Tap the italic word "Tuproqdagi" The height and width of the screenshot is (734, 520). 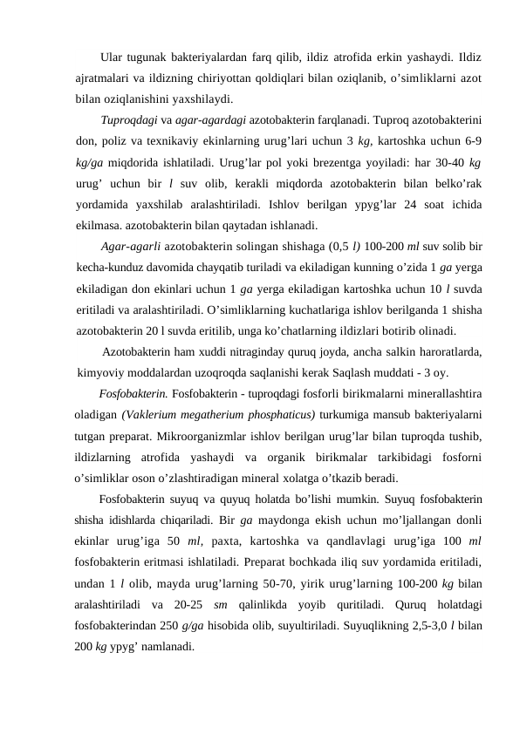coord(130,119)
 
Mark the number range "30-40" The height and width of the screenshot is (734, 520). coord(446,163)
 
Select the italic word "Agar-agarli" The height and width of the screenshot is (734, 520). coord(131,247)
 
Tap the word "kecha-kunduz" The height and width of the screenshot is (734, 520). coord(109,268)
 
